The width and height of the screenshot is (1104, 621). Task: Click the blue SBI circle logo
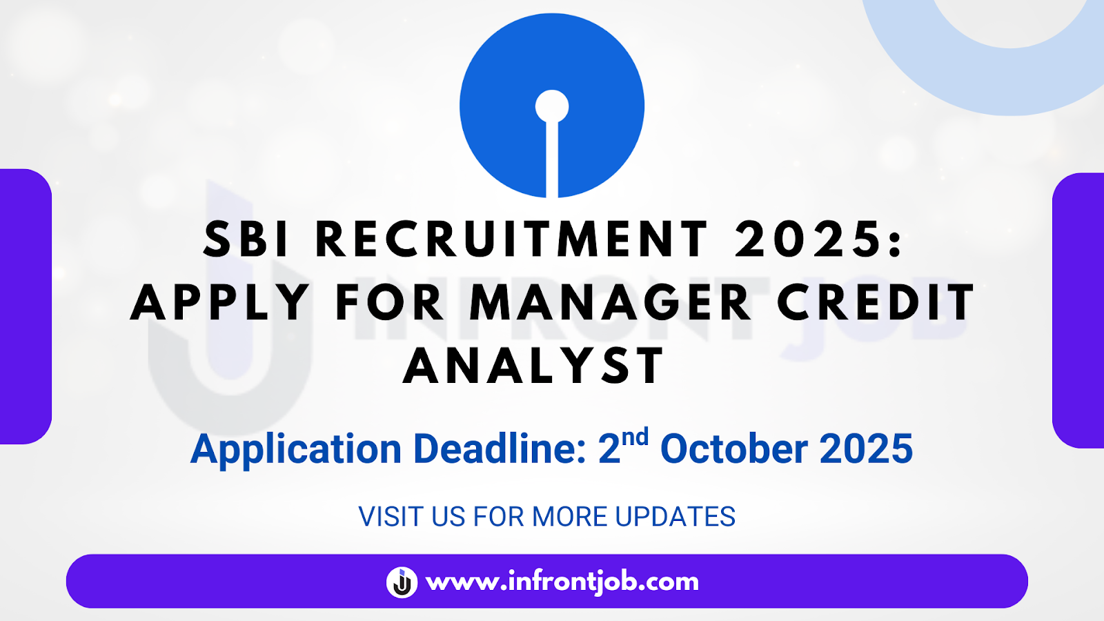pos(552,106)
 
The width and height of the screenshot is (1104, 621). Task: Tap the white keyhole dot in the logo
pos(552,106)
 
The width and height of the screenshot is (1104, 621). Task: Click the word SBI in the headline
pos(246,239)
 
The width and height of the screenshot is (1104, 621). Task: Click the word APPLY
pos(219,302)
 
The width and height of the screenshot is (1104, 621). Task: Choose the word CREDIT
pos(876,302)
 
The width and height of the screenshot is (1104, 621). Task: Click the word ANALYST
pos(534,365)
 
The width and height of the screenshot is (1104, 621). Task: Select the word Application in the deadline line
pos(296,449)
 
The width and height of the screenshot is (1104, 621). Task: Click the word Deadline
pos(500,448)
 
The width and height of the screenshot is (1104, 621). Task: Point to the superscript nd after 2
pos(635,437)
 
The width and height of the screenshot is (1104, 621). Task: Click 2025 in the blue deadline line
pos(866,448)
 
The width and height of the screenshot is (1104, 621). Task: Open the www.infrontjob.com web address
pos(562,582)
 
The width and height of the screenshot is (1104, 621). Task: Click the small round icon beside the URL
pos(402,582)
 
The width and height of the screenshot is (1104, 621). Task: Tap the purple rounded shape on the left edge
pos(26,306)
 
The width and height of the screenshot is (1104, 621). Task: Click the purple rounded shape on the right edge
pos(1078,310)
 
